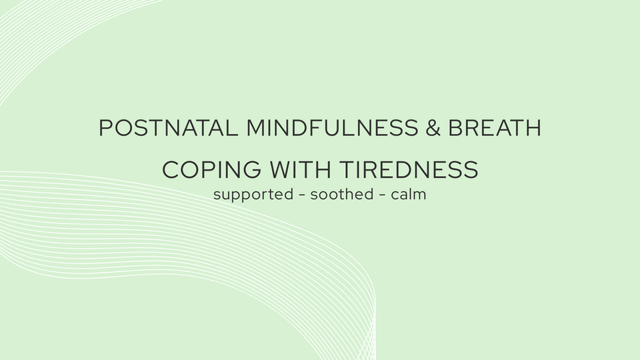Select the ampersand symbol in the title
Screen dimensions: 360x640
433,128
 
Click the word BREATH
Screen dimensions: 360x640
495,128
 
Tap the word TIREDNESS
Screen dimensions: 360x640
407,170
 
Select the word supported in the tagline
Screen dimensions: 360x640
253,196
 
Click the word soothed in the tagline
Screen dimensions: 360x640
342,195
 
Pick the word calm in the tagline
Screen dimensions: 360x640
410,195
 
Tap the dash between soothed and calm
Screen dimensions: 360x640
383,196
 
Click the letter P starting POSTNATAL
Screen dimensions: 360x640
105,128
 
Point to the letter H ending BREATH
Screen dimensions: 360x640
532,128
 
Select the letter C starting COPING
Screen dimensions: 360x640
171,170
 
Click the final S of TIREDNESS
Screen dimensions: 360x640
471,170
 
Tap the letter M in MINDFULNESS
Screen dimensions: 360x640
256,128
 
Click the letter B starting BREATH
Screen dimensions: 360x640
456,128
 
